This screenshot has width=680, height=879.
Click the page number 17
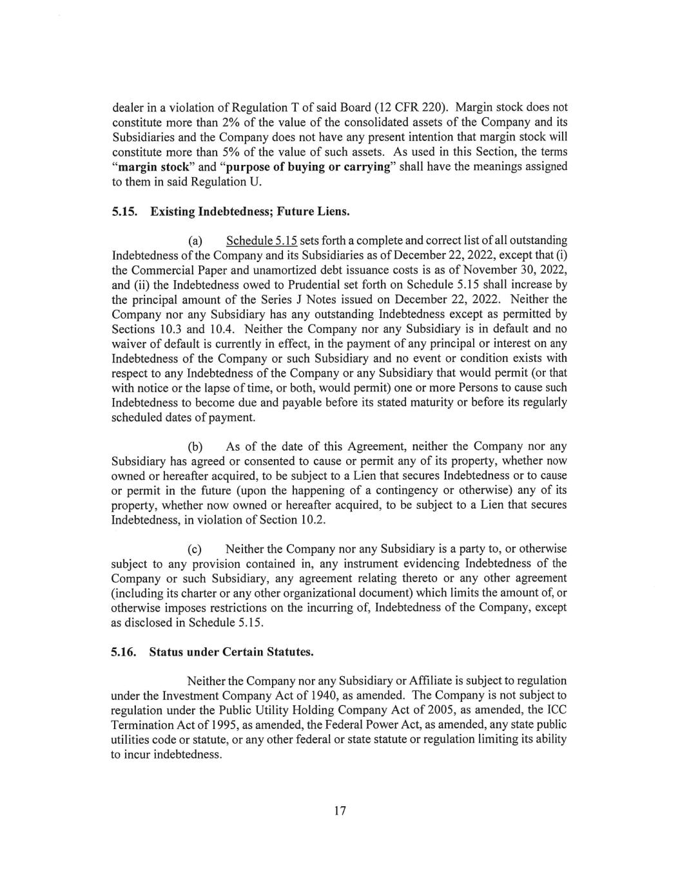(x=340, y=811)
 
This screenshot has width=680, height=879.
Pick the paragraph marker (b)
(x=195, y=446)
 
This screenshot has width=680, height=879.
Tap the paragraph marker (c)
(x=195, y=549)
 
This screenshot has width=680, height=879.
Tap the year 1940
(x=332, y=695)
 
